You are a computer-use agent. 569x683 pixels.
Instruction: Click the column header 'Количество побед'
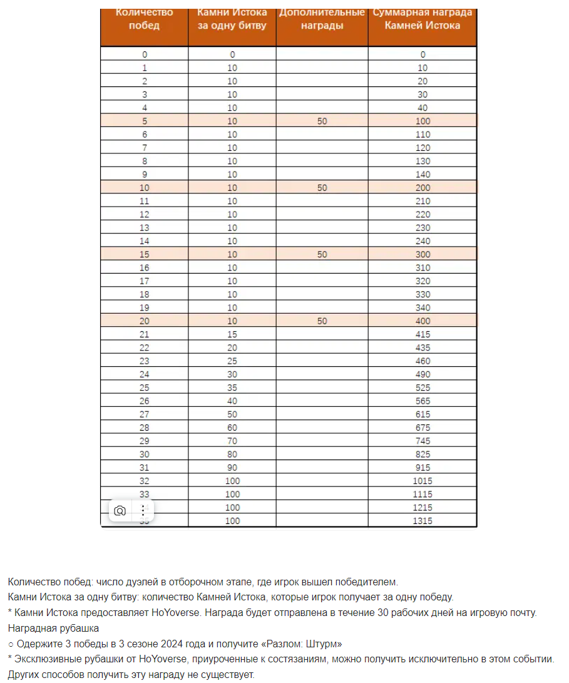point(144,19)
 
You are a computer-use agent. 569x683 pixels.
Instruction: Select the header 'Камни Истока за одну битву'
point(232,19)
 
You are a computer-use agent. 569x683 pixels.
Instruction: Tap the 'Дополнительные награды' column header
point(322,19)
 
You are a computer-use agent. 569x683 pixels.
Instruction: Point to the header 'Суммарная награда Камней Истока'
point(423,19)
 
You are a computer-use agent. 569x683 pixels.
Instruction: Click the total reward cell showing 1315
point(423,521)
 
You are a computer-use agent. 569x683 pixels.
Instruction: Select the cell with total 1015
point(423,481)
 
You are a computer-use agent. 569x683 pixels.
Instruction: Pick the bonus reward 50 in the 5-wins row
point(322,121)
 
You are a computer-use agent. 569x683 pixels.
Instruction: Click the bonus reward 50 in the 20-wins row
point(322,321)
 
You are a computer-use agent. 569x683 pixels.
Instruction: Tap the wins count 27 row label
point(145,414)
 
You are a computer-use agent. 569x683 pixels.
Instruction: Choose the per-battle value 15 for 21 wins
point(232,334)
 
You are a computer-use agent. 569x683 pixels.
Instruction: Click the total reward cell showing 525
point(423,388)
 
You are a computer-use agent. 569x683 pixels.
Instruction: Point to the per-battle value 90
point(232,468)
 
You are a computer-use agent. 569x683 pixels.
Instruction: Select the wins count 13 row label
point(145,228)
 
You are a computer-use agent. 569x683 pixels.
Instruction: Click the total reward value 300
point(423,254)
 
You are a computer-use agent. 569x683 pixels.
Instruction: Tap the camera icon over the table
point(120,511)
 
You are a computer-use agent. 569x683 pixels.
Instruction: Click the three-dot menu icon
point(143,511)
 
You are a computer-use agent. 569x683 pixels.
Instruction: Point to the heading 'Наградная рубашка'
point(53,628)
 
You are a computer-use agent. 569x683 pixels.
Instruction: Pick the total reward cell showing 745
point(423,441)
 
